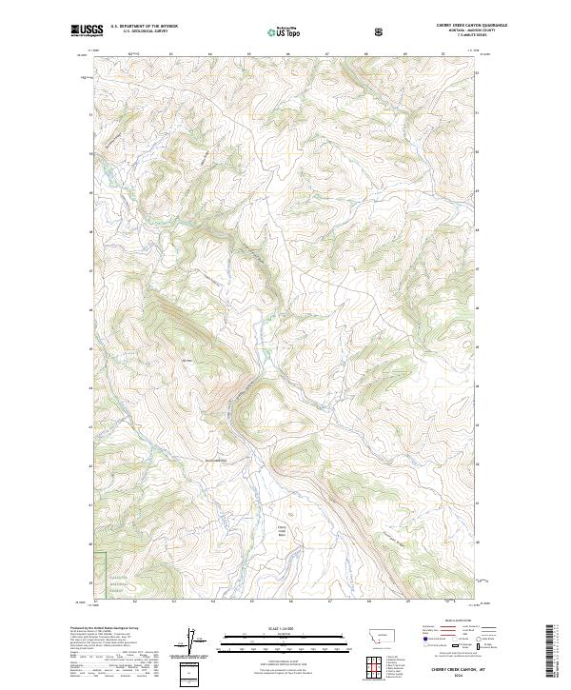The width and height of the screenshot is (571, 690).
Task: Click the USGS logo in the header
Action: [x=82, y=30]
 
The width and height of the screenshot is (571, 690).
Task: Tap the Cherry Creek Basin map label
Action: [x=282, y=529]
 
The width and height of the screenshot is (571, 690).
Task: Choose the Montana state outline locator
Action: [x=378, y=632]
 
